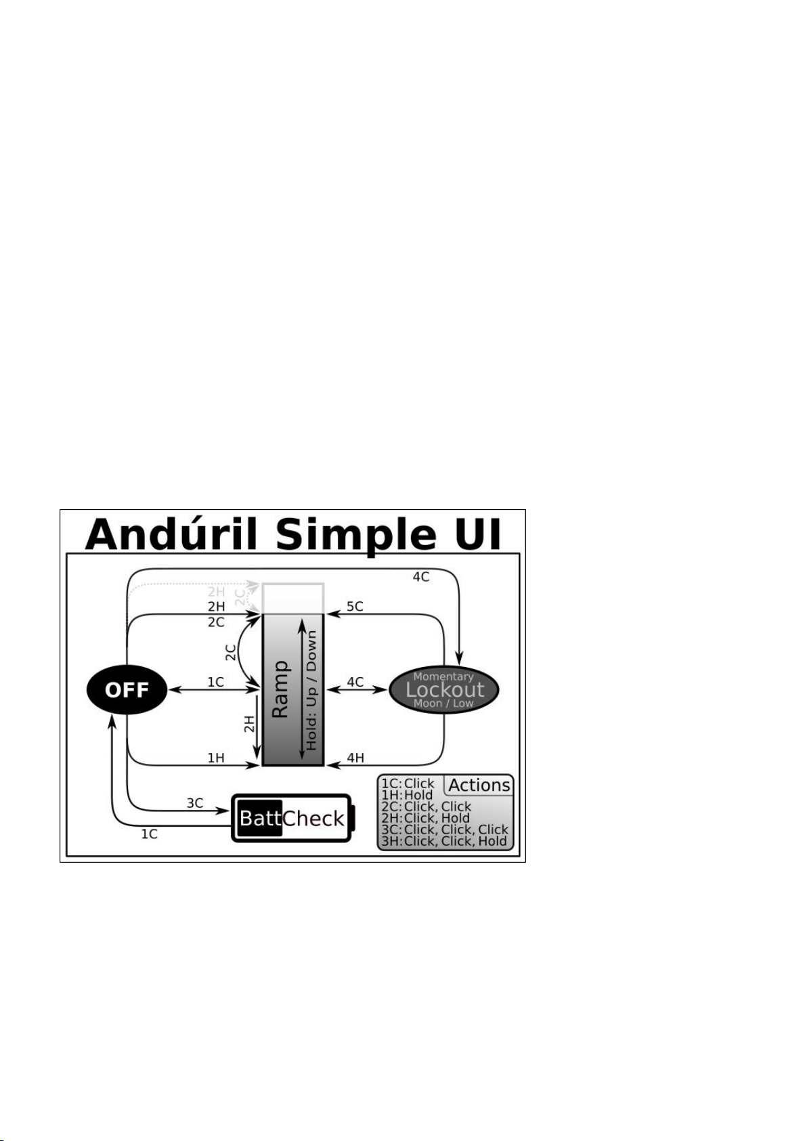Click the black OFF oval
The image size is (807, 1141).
click(x=127, y=689)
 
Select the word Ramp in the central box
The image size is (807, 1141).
click(x=280, y=689)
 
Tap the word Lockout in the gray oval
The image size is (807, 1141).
click(x=445, y=689)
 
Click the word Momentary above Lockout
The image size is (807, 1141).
click(x=443, y=676)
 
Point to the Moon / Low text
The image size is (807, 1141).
click(x=443, y=704)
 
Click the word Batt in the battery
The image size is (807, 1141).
click(x=260, y=819)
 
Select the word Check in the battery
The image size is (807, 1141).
click(x=313, y=819)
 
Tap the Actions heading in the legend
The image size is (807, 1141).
click(x=479, y=785)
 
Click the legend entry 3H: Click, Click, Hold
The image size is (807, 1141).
click(x=444, y=841)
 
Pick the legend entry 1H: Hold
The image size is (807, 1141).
click(x=407, y=795)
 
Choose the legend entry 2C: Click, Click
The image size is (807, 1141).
click(x=426, y=806)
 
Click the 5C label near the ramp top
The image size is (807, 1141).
click(x=355, y=607)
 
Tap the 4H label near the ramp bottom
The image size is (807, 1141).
click(x=355, y=758)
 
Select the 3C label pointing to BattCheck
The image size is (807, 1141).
click(x=195, y=803)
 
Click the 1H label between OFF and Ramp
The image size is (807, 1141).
click(x=215, y=758)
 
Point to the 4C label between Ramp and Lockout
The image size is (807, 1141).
click(x=355, y=682)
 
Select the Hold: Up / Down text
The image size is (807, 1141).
click(x=311, y=689)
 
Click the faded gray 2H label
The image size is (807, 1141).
click(x=216, y=592)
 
